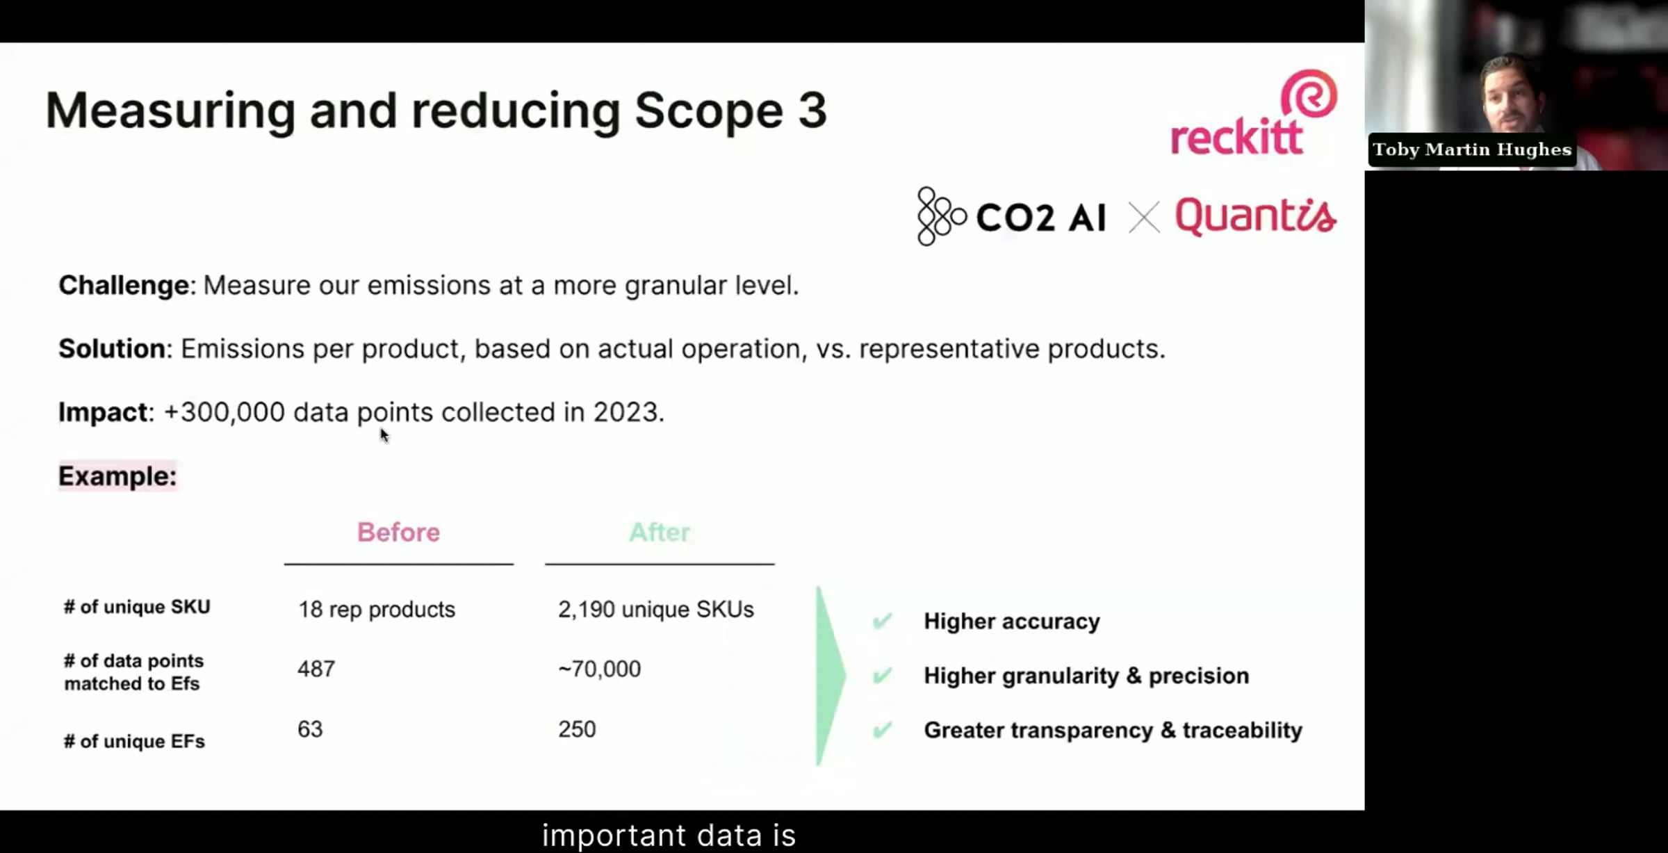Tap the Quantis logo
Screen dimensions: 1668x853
point(1255,217)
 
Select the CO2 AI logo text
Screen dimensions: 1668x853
point(1040,218)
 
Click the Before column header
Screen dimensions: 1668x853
point(398,532)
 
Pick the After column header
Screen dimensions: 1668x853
point(659,532)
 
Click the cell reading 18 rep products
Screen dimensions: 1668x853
point(377,609)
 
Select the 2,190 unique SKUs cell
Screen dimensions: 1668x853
point(655,609)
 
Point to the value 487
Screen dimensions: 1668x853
point(316,668)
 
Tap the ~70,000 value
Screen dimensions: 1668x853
point(599,668)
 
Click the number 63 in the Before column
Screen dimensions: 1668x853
point(310,729)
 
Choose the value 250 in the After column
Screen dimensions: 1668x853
point(577,729)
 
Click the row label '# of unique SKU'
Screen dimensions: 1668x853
point(137,607)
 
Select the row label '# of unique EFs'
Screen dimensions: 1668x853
point(134,741)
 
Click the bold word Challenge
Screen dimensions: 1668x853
point(124,285)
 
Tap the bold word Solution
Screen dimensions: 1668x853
point(112,348)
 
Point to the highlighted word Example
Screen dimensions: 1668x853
point(117,476)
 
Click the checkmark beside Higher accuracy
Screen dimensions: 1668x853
point(882,620)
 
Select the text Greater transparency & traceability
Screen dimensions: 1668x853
point(1113,730)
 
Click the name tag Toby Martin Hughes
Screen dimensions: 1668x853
point(1472,149)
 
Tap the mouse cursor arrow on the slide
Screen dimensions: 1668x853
point(384,435)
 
